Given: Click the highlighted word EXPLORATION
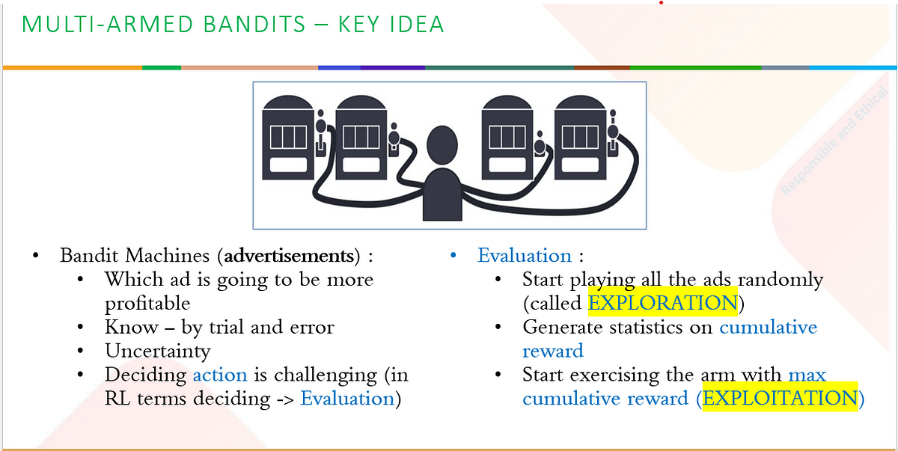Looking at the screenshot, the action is pos(662,303).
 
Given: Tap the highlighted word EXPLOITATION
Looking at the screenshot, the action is pos(780,398).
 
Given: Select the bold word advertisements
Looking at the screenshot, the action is pos(289,256).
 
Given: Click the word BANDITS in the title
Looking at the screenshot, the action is pos(254,24).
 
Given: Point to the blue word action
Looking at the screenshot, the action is pos(220,375).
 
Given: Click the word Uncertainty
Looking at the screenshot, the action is pos(158,352).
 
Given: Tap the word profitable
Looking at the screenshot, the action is pos(147,304).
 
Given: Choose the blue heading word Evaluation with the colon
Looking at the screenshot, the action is pos(531,256).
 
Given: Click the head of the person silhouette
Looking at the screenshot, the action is pos(442,145).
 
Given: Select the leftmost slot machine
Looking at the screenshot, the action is pos(289,138).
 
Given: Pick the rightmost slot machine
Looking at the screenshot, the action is pos(581,138).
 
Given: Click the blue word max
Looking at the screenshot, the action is pos(807,375).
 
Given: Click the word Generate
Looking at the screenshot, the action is pos(563,328).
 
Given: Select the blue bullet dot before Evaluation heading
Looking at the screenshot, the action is pos(453,255).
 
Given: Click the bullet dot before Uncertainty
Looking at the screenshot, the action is pos(81,351).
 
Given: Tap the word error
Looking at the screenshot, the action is pos(312,328).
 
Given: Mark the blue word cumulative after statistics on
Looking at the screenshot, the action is pos(768,328).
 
